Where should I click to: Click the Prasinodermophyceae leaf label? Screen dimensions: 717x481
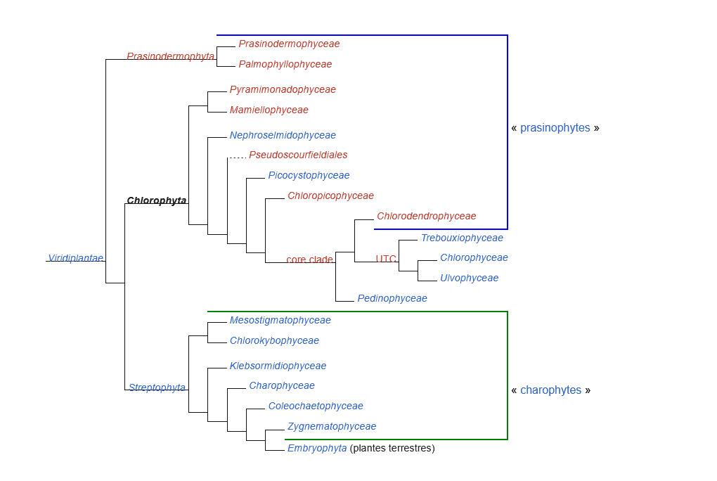click(x=289, y=44)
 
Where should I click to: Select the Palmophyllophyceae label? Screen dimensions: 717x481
click(x=285, y=64)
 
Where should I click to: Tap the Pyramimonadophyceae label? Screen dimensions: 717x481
click(x=283, y=90)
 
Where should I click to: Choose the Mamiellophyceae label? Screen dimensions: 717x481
click(x=269, y=110)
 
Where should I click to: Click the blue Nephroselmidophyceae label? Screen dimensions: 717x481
click(x=283, y=136)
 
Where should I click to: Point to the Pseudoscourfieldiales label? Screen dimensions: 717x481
click(x=298, y=155)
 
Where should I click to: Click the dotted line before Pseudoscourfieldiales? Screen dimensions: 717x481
click(x=238, y=158)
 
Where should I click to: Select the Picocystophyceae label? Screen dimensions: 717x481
click(x=309, y=175)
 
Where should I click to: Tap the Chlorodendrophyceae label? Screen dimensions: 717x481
click(x=426, y=216)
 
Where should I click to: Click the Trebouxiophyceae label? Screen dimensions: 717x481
click(x=462, y=238)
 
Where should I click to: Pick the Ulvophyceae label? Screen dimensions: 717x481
click(x=469, y=278)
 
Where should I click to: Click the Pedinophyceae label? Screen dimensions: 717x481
click(x=392, y=298)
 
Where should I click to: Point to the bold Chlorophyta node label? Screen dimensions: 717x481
click(x=156, y=200)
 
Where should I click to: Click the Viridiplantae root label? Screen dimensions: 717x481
click(x=75, y=258)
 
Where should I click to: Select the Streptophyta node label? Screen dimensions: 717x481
click(x=157, y=387)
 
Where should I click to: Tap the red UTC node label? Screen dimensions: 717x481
click(x=386, y=259)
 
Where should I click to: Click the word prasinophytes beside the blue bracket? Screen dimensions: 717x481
click(x=555, y=128)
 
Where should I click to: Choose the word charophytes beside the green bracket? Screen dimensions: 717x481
click(x=550, y=390)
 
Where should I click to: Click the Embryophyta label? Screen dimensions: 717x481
click(x=317, y=448)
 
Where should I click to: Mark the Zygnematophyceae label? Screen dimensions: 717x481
click(x=332, y=427)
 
